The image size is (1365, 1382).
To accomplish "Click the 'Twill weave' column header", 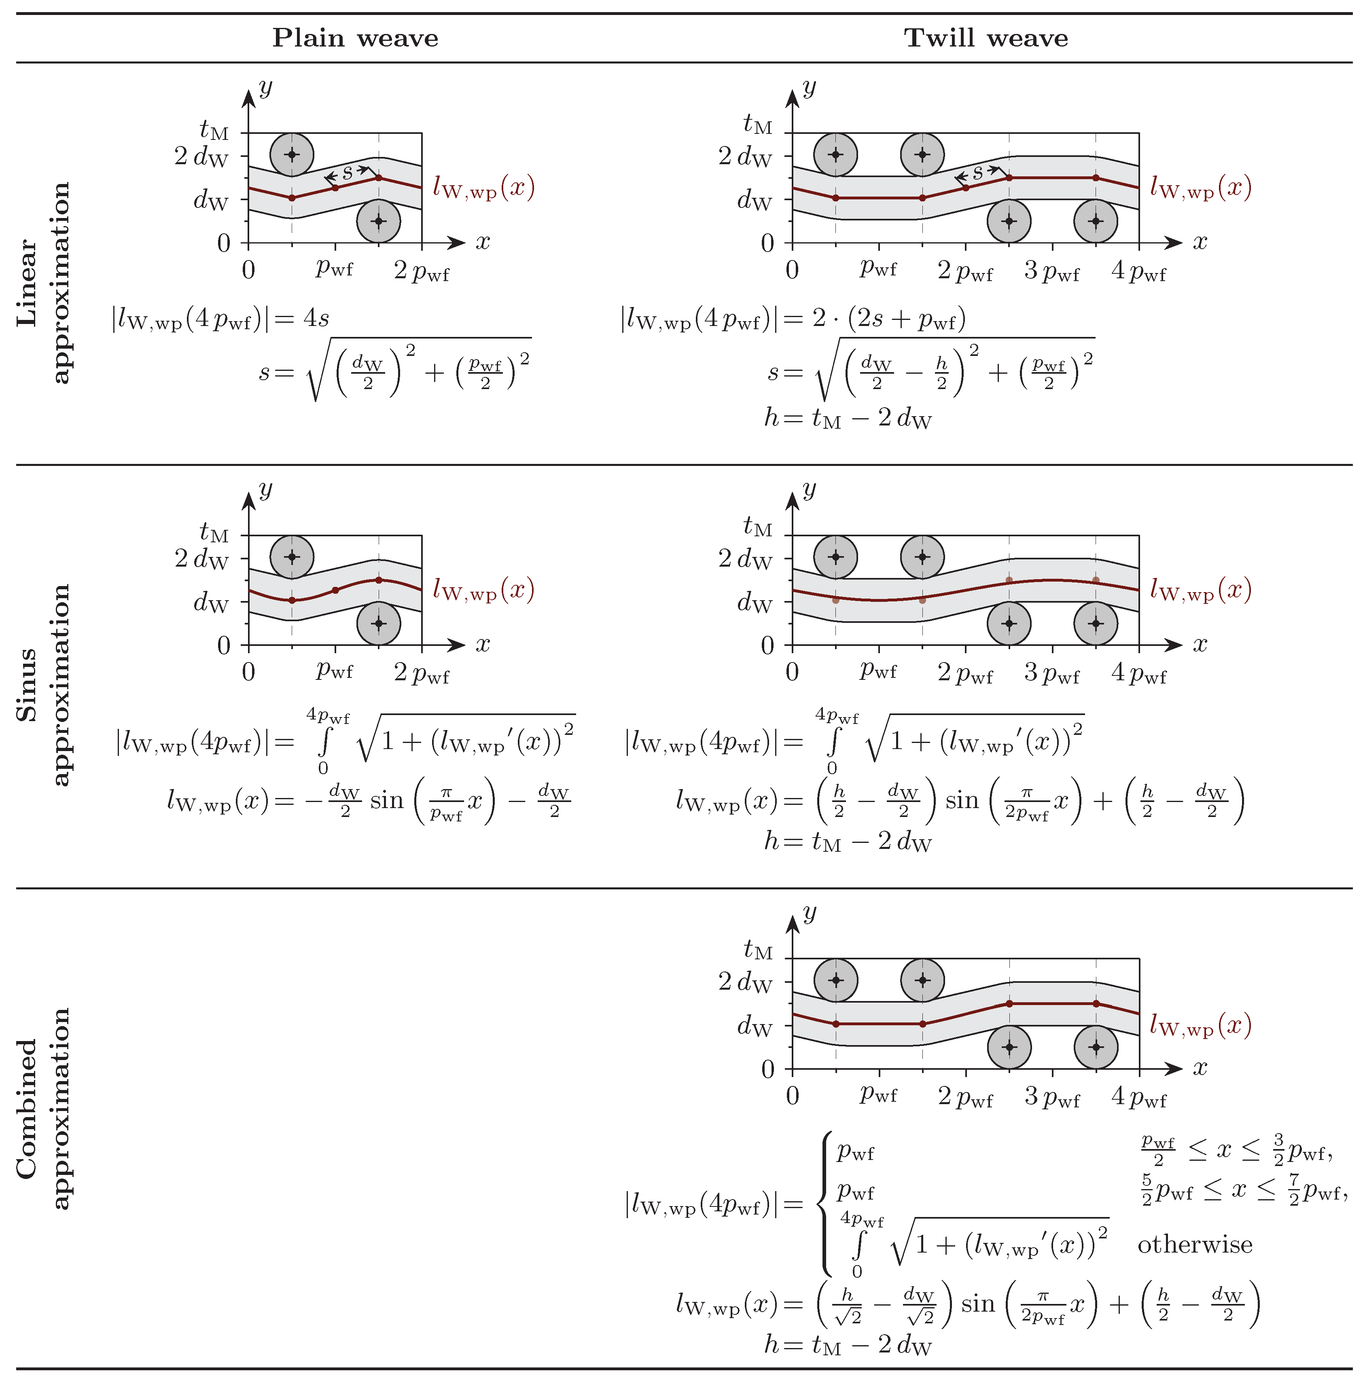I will (986, 38).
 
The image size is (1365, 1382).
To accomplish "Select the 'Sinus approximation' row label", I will (43, 685).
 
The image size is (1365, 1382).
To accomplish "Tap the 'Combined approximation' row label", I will (43, 1108).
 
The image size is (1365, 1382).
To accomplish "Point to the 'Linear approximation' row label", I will (43, 283).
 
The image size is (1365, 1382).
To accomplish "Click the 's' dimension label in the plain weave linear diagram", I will (347, 172).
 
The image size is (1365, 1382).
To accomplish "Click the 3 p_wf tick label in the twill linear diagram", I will (1051, 271).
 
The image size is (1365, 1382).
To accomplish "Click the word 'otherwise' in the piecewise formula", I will (1195, 1244).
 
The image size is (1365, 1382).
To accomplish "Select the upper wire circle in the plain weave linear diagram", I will (292, 154).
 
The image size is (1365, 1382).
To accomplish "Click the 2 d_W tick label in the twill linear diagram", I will (745, 156).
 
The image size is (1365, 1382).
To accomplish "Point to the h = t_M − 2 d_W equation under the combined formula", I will (848, 1345).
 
